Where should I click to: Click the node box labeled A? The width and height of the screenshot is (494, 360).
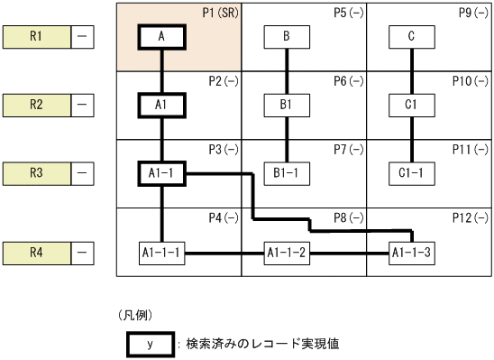[x=161, y=37]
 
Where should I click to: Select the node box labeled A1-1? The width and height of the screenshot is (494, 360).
[x=161, y=171]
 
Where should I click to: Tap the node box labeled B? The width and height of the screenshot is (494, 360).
[x=287, y=37]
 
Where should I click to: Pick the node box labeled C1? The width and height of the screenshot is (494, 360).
[x=412, y=105]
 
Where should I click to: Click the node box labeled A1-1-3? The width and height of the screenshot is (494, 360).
[x=412, y=252]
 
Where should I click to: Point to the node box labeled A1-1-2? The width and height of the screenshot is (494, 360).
[x=287, y=252]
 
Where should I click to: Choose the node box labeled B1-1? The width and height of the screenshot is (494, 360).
[x=287, y=171]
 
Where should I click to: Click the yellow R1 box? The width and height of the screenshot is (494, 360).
[x=36, y=37]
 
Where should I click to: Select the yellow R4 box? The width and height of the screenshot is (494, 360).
[x=36, y=252]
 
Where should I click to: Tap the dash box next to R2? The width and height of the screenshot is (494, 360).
[x=83, y=105]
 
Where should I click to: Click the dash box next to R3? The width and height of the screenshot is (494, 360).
[x=83, y=171]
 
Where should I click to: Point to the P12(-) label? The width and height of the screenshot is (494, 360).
[x=471, y=217]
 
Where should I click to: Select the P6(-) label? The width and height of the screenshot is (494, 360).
[x=347, y=81]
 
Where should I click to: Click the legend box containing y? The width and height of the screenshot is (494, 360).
[x=150, y=344]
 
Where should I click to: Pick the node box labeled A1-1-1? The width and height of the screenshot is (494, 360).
[x=161, y=252]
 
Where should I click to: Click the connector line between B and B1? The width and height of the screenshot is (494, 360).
[x=287, y=70]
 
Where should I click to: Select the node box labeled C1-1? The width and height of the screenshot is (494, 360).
[x=412, y=171]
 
